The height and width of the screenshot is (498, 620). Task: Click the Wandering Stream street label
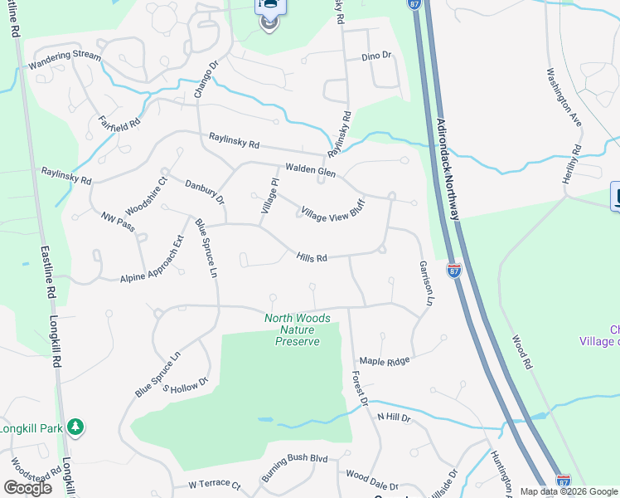(x=65, y=59)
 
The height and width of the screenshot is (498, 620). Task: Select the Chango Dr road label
(x=205, y=80)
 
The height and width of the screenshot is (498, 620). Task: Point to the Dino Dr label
(x=375, y=56)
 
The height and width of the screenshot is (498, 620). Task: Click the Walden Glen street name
(x=310, y=170)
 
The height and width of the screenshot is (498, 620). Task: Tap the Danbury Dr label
(x=204, y=192)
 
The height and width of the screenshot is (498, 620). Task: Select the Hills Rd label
(x=312, y=257)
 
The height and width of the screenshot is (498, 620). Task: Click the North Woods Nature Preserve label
(x=298, y=330)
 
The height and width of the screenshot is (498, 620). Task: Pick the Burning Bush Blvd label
(x=295, y=458)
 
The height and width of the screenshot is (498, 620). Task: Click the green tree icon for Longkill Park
(x=75, y=427)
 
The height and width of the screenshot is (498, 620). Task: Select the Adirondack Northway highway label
(x=446, y=167)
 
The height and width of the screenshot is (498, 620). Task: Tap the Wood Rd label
(x=521, y=352)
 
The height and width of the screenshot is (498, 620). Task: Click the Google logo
(x=27, y=487)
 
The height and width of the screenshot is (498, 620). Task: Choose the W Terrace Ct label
(x=214, y=485)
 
